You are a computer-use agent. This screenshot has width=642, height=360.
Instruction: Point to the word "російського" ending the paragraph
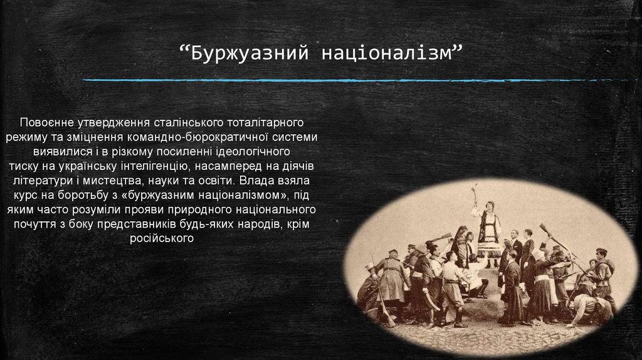(162, 238)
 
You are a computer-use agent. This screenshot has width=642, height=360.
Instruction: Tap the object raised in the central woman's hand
(475, 191)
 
